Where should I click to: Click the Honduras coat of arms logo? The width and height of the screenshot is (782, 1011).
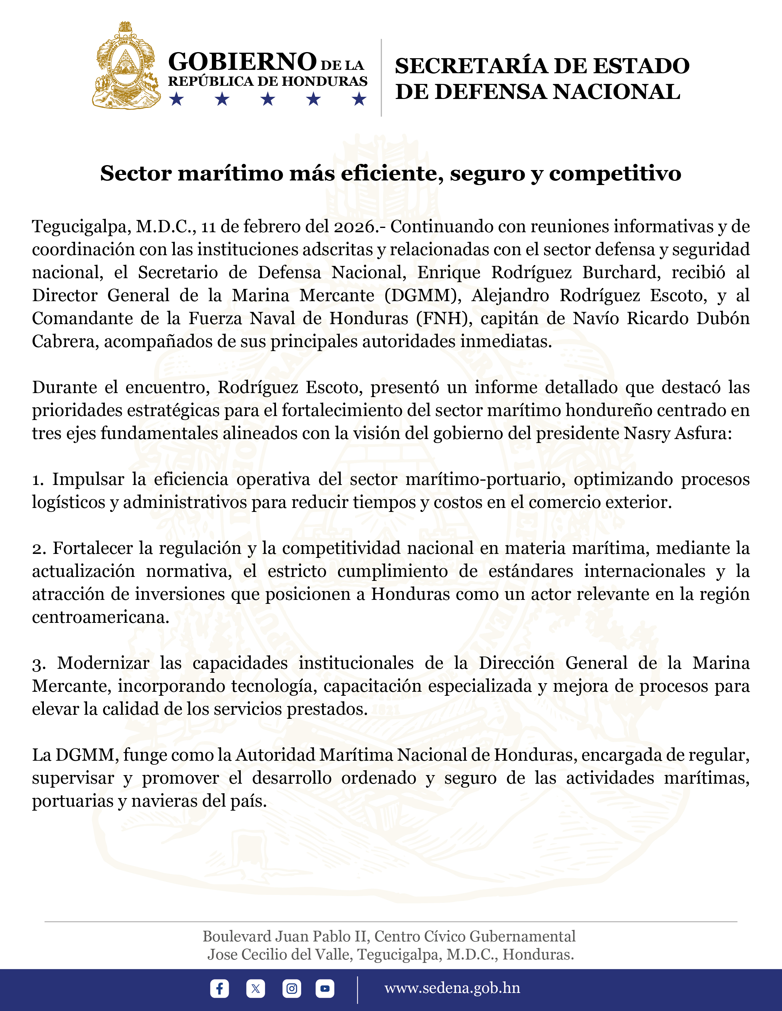(x=126, y=66)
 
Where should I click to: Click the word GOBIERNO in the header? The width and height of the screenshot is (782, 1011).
(x=242, y=62)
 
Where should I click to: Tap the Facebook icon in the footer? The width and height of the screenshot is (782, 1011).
(x=219, y=988)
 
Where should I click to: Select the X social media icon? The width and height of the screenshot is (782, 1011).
(x=255, y=988)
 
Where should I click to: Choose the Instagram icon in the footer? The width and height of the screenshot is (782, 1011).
(x=291, y=988)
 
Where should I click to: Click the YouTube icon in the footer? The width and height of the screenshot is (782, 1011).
(x=325, y=988)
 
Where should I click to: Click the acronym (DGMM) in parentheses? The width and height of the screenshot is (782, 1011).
(x=423, y=295)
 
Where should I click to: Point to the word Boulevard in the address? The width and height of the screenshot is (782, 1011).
(x=237, y=936)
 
